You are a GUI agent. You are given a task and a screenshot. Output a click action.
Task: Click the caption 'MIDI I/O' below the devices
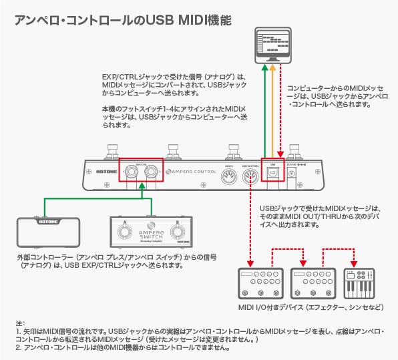tap(252, 307)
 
